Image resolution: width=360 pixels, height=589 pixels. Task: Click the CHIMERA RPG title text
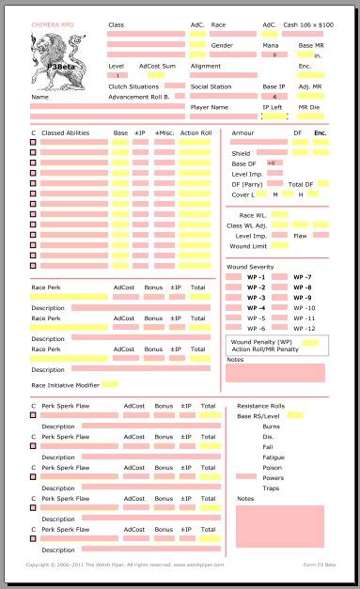coord(50,24)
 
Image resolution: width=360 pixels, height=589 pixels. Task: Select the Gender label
coord(222,45)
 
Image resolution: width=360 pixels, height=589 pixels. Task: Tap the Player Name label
coord(210,107)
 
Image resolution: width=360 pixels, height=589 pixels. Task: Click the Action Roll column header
coord(196,133)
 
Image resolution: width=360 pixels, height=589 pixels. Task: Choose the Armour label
coord(243,133)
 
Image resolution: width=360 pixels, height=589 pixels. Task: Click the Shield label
coord(241,153)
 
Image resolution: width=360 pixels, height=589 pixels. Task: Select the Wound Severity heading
coord(250,268)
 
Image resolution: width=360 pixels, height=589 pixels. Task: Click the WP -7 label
coord(303,278)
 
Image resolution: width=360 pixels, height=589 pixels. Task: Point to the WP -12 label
coord(304,329)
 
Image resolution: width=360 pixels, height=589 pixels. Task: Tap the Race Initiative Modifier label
coord(66,385)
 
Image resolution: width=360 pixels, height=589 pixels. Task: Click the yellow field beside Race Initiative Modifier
coord(110,385)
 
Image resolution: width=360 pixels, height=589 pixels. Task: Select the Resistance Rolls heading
coord(260,406)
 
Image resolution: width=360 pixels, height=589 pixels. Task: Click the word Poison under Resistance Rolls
coord(272,467)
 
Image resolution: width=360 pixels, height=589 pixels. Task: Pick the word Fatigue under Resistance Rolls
coord(273,457)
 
